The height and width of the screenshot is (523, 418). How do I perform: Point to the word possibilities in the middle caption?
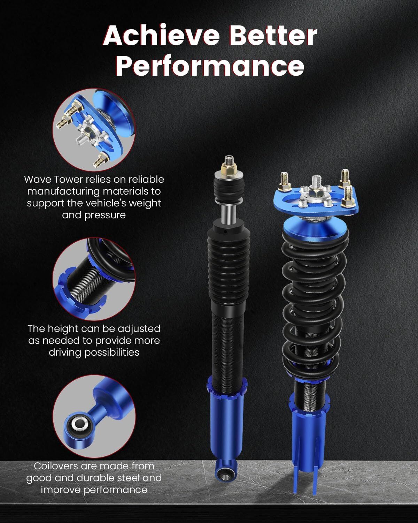pyautogui.click(x=94, y=353)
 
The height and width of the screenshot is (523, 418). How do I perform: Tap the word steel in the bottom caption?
pyautogui.click(x=127, y=478)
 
